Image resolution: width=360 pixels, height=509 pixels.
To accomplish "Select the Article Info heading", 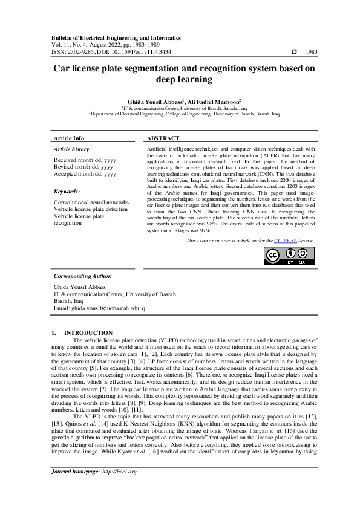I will [69, 138].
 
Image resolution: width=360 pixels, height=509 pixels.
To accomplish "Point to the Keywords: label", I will [68, 191].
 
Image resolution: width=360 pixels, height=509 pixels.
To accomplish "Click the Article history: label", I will [73, 149].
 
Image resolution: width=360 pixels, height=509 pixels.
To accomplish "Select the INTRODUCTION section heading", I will [88, 332].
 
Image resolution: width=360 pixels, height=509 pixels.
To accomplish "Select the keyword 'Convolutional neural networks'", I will [91, 202].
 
